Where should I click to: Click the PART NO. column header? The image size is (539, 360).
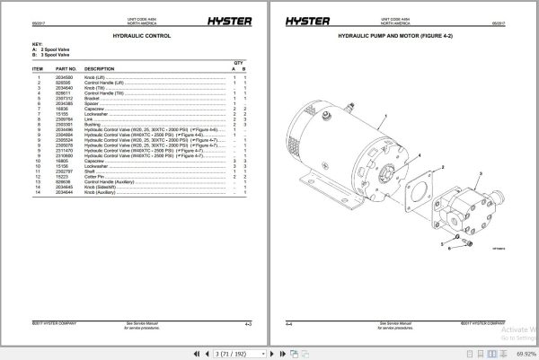point(66,68)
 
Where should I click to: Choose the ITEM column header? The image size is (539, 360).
point(39,68)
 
